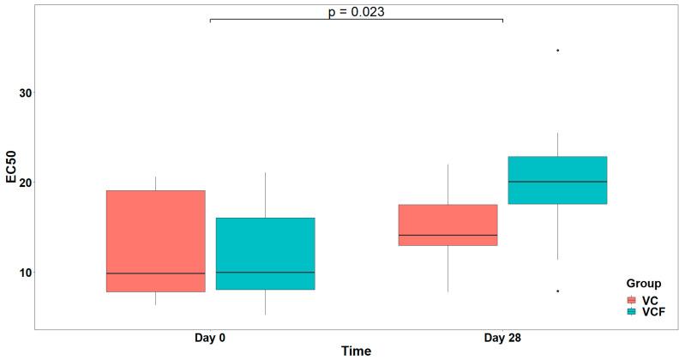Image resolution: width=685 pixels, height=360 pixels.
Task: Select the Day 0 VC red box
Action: (x=155, y=241)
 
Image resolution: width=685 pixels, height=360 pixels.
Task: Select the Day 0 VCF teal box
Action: (x=265, y=254)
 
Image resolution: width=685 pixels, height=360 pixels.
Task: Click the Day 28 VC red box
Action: (x=448, y=225)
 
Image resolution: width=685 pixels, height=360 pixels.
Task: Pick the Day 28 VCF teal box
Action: (x=557, y=180)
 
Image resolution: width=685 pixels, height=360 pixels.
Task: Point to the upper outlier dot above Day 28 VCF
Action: (x=557, y=51)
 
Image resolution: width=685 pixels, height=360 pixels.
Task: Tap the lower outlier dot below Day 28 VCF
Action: (x=557, y=291)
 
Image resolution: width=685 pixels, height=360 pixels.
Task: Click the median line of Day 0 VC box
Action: (x=155, y=273)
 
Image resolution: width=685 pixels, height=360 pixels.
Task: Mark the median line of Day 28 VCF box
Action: (x=557, y=182)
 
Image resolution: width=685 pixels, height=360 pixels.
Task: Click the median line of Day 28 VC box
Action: (x=448, y=235)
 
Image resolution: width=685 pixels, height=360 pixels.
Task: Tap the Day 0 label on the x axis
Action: (x=210, y=338)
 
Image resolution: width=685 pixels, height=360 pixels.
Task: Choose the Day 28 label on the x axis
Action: (x=502, y=338)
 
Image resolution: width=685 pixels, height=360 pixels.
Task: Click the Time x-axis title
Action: (x=356, y=351)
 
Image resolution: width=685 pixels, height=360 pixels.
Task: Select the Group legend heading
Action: (x=643, y=283)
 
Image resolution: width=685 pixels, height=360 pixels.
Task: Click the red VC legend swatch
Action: (x=632, y=300)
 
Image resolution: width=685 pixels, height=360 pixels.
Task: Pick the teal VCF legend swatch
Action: (x=632, y=313)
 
